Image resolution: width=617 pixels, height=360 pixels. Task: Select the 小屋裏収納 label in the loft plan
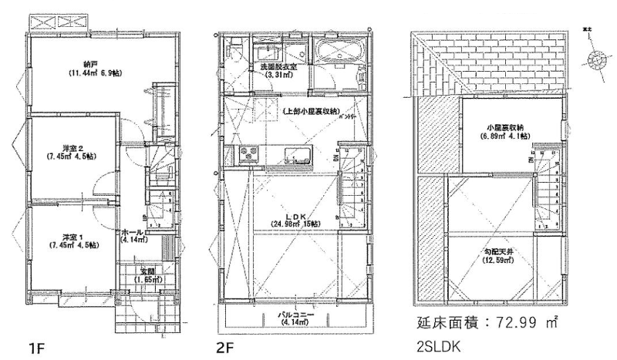505,126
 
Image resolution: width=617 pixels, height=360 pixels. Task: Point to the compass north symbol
594,61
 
